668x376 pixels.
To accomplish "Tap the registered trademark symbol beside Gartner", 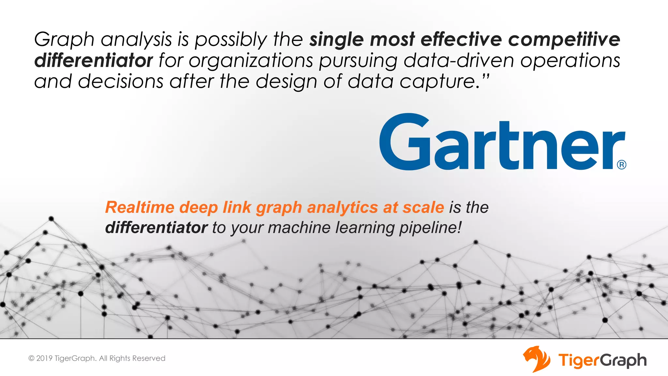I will pos(621,164).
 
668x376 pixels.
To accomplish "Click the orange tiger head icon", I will pos(536,359).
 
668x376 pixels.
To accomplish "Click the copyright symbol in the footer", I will pos(31,358).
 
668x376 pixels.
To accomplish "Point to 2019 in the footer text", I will pos(44,358).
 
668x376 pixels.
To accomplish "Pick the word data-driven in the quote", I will pos(459,60).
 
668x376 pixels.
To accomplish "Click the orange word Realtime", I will pos(140,207).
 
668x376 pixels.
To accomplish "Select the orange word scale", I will pos(423,207).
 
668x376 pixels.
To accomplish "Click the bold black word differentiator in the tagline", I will pos(156,227).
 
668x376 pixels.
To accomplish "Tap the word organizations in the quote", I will pos(250,61).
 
